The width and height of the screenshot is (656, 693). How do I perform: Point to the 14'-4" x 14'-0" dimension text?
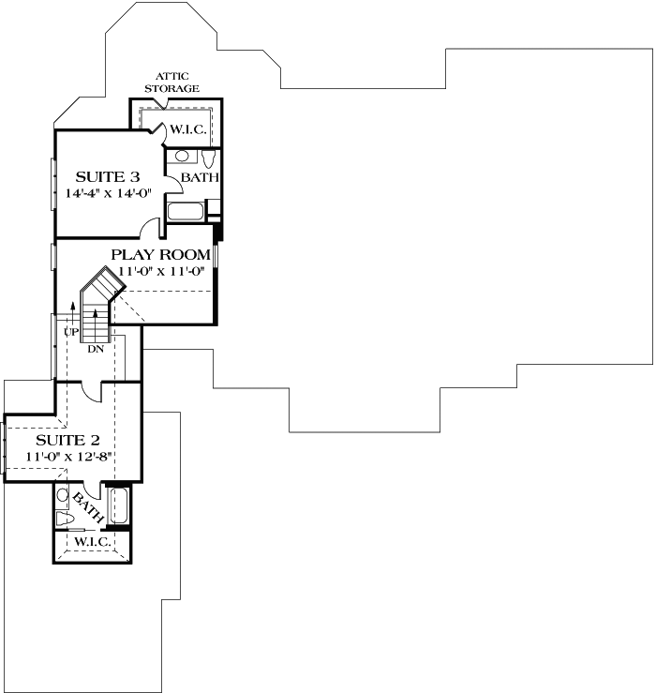pos(108,194)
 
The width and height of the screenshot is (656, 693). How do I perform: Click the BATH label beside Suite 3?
pos(200,177)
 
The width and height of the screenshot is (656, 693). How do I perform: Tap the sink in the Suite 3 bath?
pos(181,157)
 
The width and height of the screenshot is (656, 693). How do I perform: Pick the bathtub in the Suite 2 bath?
pos(120,506)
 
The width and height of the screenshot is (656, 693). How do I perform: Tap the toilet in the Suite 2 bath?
pos(65,519)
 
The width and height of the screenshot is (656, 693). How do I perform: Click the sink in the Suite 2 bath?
pos(62,495)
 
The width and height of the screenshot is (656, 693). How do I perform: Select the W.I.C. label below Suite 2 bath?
pos(93,543)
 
